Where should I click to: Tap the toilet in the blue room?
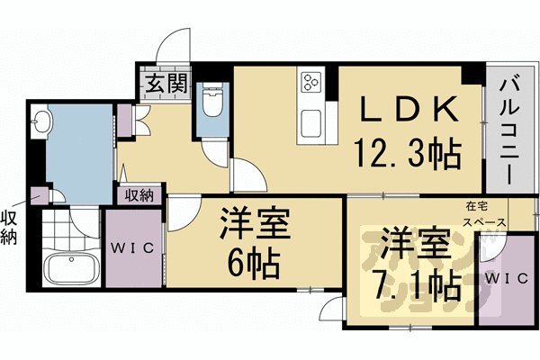pos(213,103)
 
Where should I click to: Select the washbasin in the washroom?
pos(41,121)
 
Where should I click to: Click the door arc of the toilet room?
pos(216,153)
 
